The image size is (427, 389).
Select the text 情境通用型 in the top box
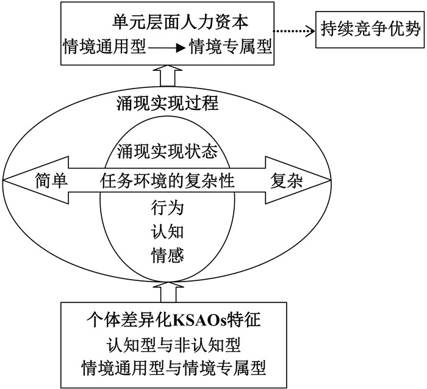click(106, 46)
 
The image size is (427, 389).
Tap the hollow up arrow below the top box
click(167, 78)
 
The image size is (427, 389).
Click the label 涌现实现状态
click(167, 148)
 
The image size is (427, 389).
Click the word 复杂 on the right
click(287, 180)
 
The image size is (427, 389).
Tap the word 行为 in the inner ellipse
click(167, 208)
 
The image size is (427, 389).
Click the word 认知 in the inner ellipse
click(167, 230)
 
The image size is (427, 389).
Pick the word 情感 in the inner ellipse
click(167, 253)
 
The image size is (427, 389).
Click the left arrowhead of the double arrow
click(15, 180)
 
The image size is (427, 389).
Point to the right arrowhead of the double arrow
click(317, 180)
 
